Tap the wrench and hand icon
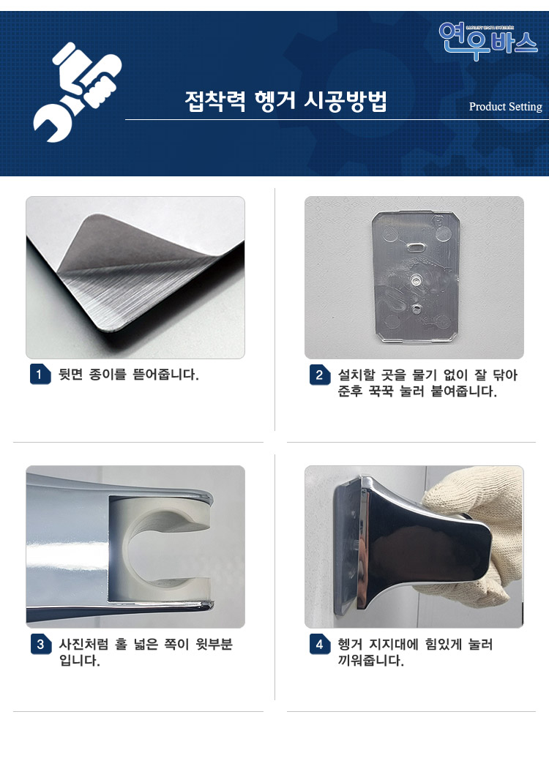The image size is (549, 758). (76, 91)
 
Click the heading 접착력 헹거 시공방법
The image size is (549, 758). (285, 101)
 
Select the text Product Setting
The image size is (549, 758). (505, 107)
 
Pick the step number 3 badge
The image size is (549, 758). (40, 645)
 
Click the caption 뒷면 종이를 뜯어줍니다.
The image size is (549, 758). (129, 375)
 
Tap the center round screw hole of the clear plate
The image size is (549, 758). (415, 279)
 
